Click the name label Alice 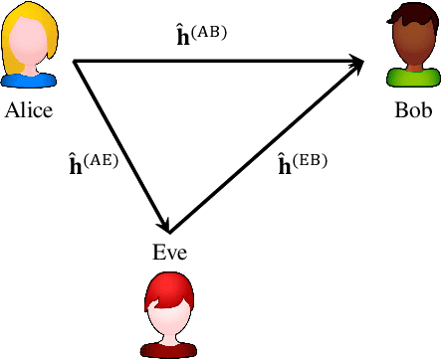coord(28,110)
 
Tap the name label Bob coord(413,110)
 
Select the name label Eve coord(169,252)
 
